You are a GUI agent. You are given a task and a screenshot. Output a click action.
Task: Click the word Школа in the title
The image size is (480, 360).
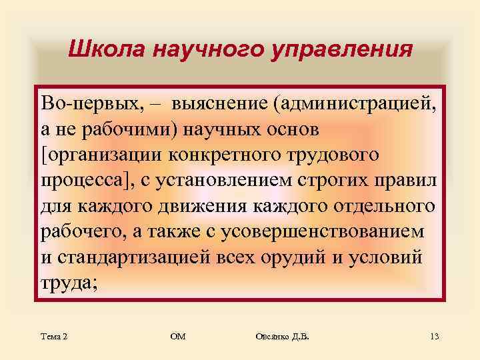[x=107, y=50]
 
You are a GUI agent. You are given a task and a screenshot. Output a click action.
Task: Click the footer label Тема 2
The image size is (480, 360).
[x=54, y=337]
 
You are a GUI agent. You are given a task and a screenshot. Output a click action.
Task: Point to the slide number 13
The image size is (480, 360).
[x=434, y=337]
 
